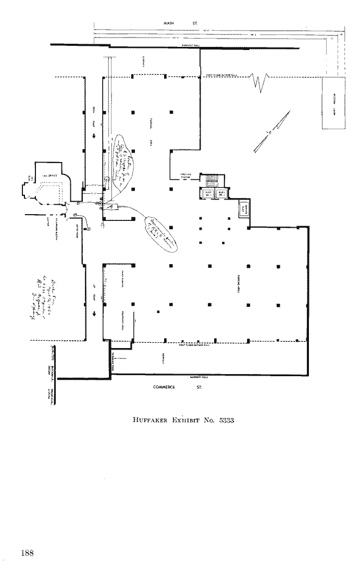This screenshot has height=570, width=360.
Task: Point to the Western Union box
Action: coord(333,103)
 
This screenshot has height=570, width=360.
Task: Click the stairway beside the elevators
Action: coord(212,180)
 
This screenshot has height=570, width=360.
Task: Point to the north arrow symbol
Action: coord(271,133)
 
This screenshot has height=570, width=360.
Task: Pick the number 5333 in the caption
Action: coord(227,420)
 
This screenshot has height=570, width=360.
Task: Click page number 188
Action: coord(28,553)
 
